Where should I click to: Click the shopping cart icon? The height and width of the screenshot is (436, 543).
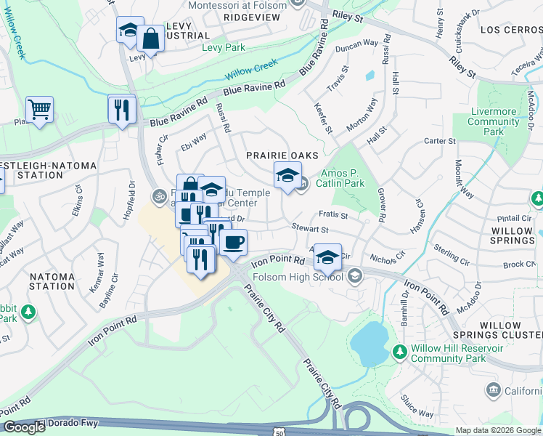coord(39,110)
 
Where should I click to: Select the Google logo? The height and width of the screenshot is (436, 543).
coord(23,427)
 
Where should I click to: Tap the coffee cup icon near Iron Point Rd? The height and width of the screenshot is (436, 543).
coord(233,242)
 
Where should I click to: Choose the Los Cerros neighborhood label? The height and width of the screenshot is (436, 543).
coord(511,30)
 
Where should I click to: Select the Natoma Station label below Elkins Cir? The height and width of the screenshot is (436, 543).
coord(52,282)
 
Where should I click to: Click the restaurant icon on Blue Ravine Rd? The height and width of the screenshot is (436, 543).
coord(121,109)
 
